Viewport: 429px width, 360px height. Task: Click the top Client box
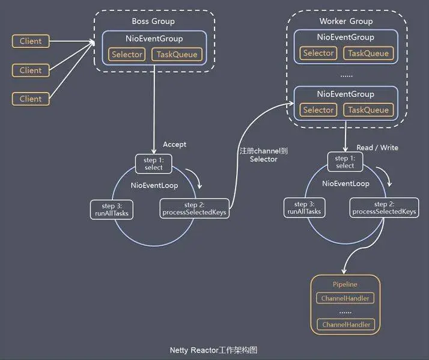pos(31,41)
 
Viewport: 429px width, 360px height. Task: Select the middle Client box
pos(31,70)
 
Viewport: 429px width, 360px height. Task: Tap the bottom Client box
pos(31,99)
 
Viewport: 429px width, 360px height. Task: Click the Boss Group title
pos(153,21)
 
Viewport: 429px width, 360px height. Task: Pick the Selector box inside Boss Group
pos(127,55)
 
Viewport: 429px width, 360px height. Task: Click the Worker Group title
pos(345,21)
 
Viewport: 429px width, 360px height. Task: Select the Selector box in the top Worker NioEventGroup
pos(318,53)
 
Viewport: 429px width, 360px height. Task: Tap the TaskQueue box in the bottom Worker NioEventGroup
pos(368,110)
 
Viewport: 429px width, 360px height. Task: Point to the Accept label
pos(174,144)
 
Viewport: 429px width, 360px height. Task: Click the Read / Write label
pos(377,147)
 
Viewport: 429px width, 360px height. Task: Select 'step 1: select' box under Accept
pos(154,163)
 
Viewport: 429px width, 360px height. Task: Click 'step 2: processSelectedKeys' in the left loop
pos(194,209)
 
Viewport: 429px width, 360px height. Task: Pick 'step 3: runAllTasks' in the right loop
pos(303,208)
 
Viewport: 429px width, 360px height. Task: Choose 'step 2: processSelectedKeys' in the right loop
pos(385,208)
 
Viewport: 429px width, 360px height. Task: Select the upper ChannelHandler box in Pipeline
pos(345,298)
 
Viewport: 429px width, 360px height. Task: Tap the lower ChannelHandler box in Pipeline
pos(345,325)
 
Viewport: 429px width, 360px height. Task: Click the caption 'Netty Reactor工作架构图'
pos(214,350)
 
